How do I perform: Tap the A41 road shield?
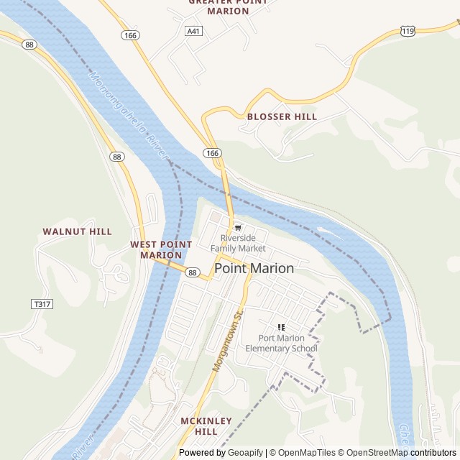coord(193,32)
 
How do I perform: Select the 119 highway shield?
coord(408,32)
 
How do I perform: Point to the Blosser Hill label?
coord(282,116)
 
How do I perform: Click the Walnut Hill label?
coord(77,231)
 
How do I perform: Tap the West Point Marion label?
coord(161,249)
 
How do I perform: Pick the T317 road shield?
coord(42,304)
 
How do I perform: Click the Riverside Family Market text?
coord(238,243)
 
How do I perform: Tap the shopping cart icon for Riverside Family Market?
coord(238,228)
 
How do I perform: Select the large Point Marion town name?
coord(254,268)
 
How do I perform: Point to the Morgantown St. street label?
coord(229,341)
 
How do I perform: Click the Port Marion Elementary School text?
coord(281,344)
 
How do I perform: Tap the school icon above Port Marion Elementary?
coord(281,328)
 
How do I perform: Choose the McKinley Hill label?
coord(206,425)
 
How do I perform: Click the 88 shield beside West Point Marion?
coord(192,272)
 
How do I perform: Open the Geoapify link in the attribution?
coord(245,453)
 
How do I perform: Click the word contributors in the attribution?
coord(434,453)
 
